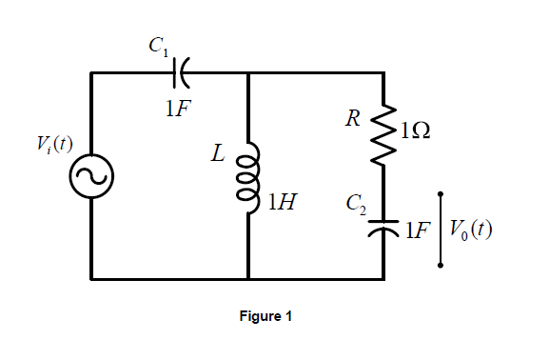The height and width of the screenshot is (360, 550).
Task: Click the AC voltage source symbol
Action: click(x=91, y=175)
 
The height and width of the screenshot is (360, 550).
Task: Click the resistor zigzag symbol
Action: click(x=384, y=133)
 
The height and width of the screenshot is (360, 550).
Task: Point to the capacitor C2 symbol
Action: click(x=384, y=228)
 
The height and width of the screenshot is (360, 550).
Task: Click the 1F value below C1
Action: click(x=178, y=106)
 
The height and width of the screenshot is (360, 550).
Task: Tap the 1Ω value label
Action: click(x=414, y=132)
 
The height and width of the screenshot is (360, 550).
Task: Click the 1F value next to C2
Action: click(x=416, y=230)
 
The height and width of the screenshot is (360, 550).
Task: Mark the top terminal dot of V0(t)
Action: click(x=440, y=194)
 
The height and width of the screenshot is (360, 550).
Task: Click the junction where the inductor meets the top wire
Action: click(x=247, y=71)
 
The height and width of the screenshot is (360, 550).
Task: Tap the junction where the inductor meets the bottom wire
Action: click(x=247, y=279)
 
